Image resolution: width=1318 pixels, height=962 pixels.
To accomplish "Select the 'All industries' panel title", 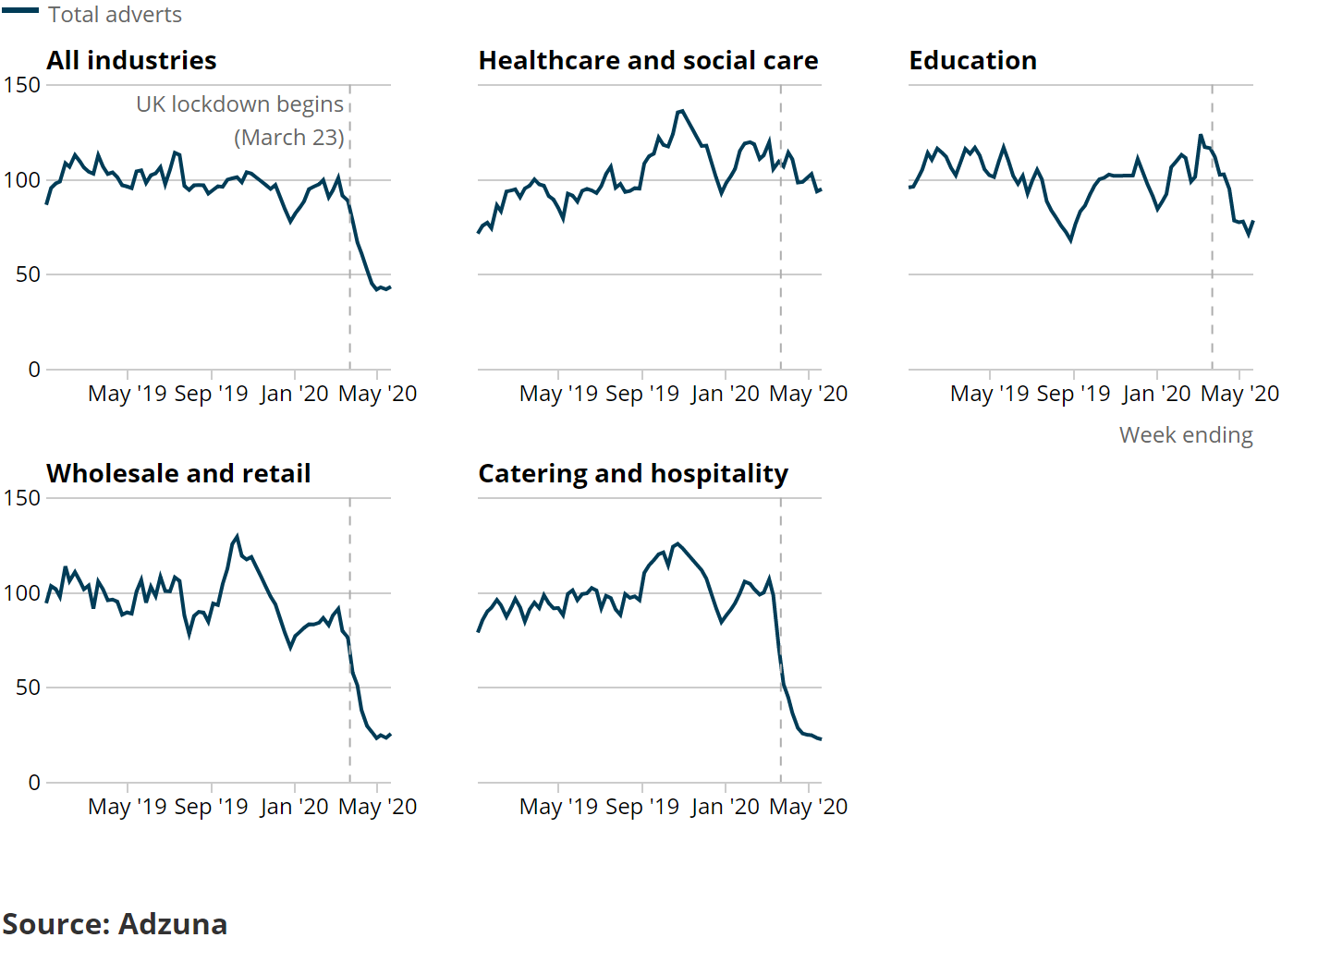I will [x=131, y=61].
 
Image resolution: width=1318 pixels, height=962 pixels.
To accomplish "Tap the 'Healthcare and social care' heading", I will [x=648, y=61].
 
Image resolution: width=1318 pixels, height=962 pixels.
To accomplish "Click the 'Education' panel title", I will [x=972, y=61].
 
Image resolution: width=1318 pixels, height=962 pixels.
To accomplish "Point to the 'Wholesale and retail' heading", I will [x=178, y=474].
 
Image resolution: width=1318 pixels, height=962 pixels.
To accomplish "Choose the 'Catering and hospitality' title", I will [x=633, y=474].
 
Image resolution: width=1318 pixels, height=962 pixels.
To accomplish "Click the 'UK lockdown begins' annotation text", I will [x=239, y=104].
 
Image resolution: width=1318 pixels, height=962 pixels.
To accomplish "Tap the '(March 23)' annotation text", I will [x=288, y=138].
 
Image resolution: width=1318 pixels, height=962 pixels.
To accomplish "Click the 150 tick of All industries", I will [x=22, y=85].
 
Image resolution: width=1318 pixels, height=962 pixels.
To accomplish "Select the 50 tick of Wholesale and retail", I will [x=28, y=688].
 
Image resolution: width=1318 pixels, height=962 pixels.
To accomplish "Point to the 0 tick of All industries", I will [x=34, y=370].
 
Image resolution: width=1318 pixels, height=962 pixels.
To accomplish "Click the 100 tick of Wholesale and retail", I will [x=22, y=593].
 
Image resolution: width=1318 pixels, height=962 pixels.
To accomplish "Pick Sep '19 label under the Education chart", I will [x=1073, y=394].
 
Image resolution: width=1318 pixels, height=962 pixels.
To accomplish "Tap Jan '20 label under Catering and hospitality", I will [x=725, y=807].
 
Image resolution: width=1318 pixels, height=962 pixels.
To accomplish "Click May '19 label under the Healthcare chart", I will [x=558, y=394].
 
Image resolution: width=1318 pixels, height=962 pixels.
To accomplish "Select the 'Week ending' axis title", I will [x=1186, y=435].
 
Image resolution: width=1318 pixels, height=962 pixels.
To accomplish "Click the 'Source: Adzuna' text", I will [x=115, y=924].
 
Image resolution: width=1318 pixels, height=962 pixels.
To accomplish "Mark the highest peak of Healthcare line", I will [x=682, y=111].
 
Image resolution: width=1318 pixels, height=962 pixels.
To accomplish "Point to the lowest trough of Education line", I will [x=1070, y=240].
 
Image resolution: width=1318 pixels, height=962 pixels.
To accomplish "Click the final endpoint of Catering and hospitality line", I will [x=821, y=739].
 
